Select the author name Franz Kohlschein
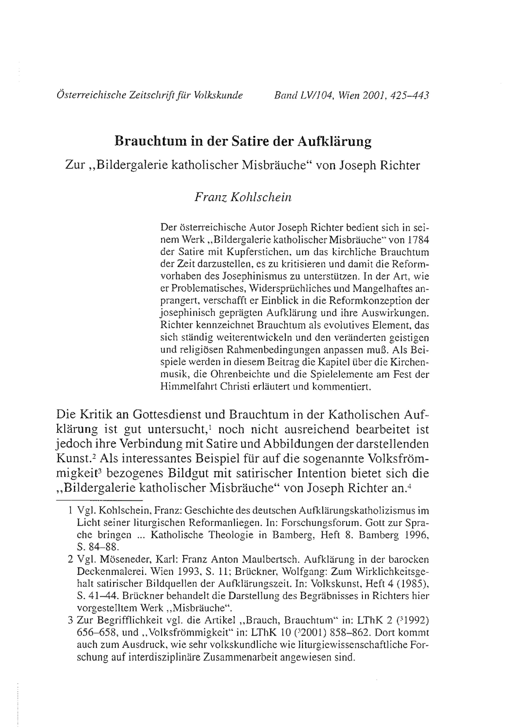tap(243, 197)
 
